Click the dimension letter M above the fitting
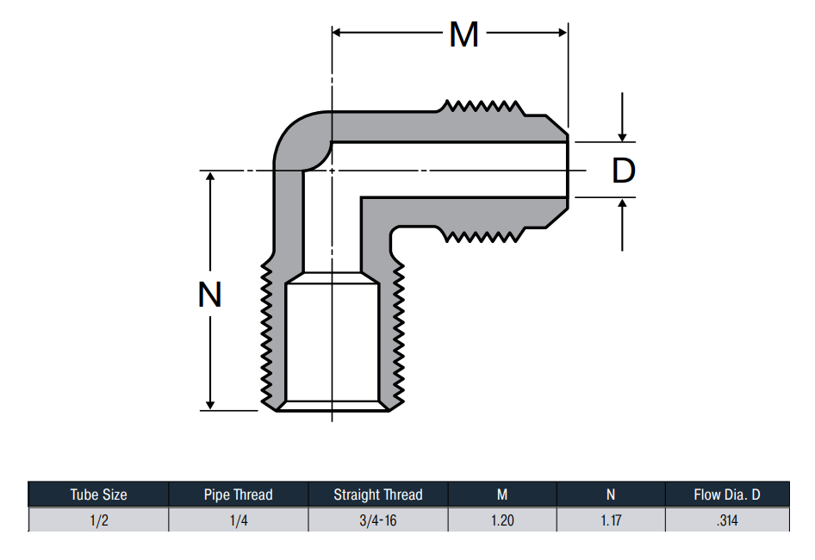[x=463, y=34]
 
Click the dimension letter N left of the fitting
[x=210, y=295]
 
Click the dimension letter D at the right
[x=623, y=170]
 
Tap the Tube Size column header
[x=99, y=495]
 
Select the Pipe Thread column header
[x=238, y=495]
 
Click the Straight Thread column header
[x=378, y=495]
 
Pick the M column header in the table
[x=502, y=495]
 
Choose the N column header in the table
[x=611, y=495]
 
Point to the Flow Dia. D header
[x=726, y=495]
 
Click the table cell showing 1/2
[x=99, y=520]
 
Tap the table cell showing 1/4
[x=239, y=520]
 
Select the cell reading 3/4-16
[x=378, y=520]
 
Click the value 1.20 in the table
[x=502, y=520]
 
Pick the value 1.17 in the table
[x=611, y=520]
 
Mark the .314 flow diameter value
[x=726, y=520]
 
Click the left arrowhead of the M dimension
[x=336, y=33]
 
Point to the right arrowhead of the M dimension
[x=563, y=33]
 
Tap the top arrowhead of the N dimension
[x=210, y=176]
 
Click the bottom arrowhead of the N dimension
[x=210, y=405]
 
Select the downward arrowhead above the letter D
[x=622, y=137]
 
